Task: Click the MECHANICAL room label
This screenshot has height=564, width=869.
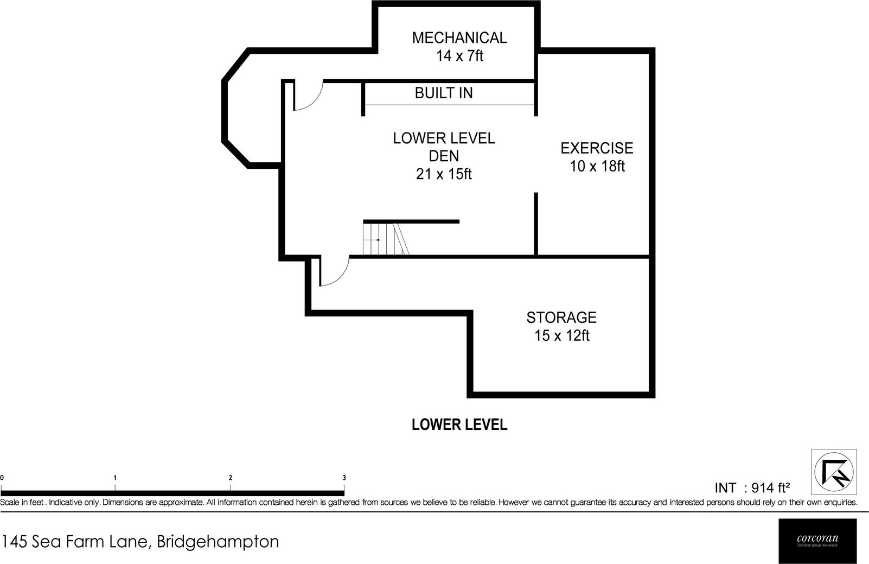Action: coord(459,37)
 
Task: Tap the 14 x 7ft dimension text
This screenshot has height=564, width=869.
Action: coord(459,56)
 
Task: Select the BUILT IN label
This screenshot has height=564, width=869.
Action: coord(444,93)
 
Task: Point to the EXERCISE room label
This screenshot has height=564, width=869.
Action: coord(597,148)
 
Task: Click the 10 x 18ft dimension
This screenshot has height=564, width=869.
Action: coord(597,166)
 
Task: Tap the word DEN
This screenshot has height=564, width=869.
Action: coord(444,156)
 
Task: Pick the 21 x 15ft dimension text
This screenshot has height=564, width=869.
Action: coord(444,174)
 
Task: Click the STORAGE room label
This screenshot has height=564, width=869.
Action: coord(561,318)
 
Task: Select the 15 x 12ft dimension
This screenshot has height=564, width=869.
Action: coord(562,336)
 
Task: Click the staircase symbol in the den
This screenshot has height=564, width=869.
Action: coord(386,238)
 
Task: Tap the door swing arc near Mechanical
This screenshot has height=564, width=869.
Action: coord(309,96)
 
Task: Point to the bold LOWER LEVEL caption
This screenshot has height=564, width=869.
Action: coord(459,424)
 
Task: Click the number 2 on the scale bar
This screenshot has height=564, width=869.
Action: coord(231,478)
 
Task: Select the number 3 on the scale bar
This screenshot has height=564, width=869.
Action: coord(344,478)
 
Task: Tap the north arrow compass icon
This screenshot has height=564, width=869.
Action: coord(834,472)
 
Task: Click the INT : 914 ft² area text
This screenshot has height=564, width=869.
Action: coord(752,487)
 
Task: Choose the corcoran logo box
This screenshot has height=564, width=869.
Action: coord(817,541)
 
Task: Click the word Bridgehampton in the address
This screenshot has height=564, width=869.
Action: coord(218,542)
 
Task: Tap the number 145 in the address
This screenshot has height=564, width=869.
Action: coord(15,542)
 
